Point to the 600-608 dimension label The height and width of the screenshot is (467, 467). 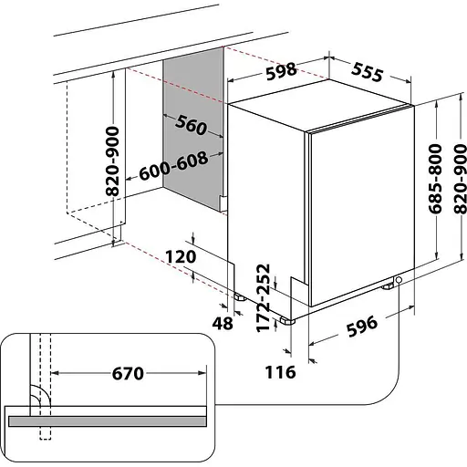click(x=174, y=165)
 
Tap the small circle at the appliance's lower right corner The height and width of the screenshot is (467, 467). click(x=400, y=281)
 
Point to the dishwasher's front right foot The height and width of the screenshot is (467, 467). click(x=388, y=285)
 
